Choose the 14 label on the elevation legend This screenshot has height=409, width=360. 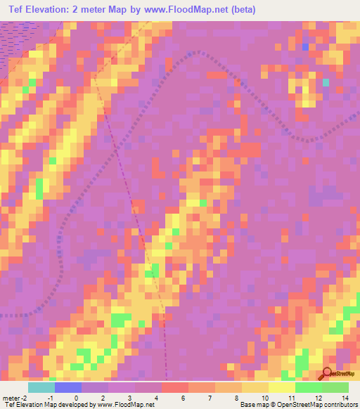coord(345,398)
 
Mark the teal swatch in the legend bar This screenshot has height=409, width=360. coord(41,387)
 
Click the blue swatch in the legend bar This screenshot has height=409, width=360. coord(67,387)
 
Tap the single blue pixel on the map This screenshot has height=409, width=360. coord(304,47)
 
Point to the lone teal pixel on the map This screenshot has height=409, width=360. coord(326,82)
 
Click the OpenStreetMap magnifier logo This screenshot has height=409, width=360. coord(326,374)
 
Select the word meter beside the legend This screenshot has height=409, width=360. coord(12,398)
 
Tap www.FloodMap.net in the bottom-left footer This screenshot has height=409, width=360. coord(127,405)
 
